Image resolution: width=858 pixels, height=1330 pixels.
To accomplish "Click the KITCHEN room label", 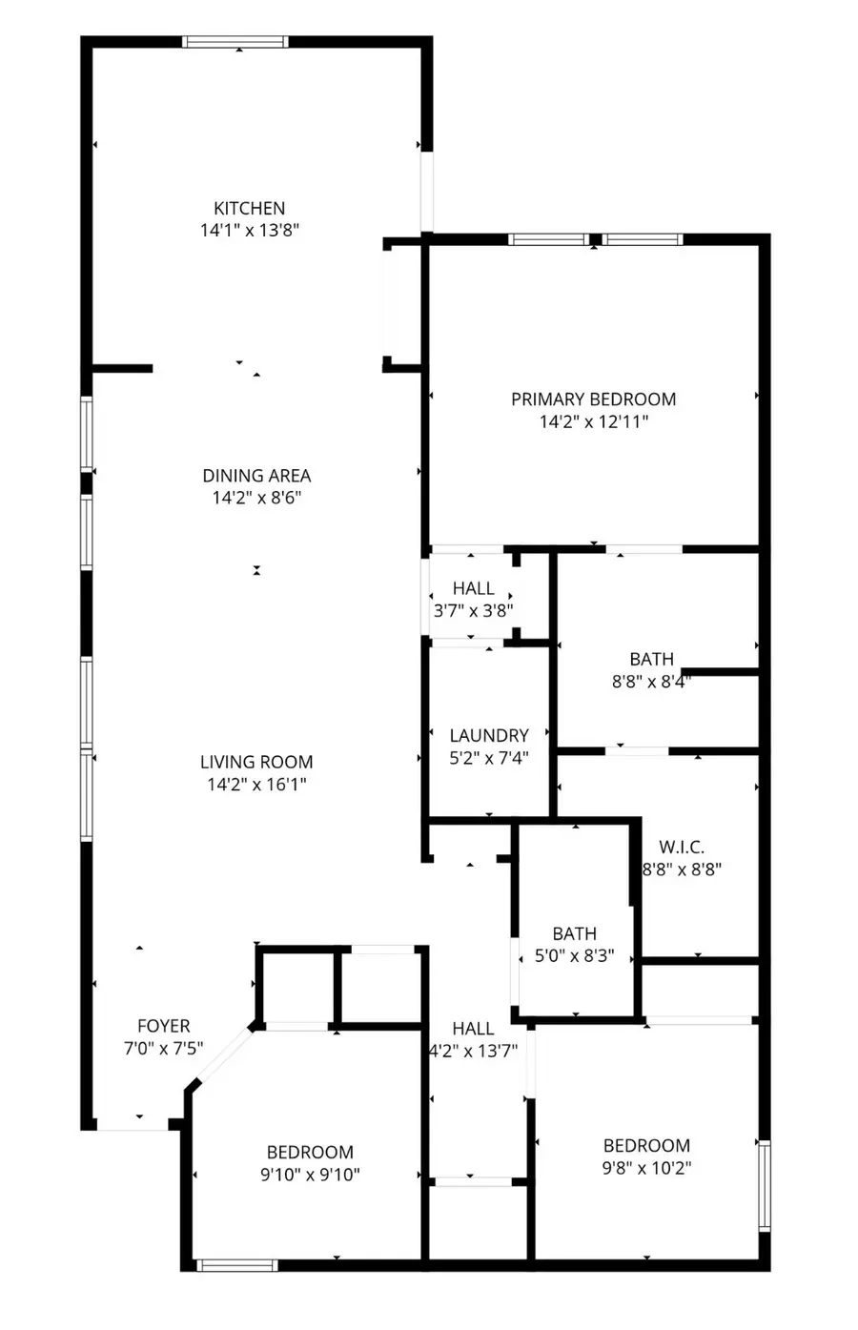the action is (250, 209).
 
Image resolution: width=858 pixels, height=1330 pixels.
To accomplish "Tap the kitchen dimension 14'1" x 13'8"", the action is (250, 231).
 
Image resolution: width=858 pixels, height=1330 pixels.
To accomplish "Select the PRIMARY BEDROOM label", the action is (593, 399).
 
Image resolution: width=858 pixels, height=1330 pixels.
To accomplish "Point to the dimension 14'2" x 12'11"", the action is (593, 421).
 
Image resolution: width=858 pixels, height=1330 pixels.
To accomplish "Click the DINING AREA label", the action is (256, 476).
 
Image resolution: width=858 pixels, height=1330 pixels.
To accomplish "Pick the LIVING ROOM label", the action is (256, 762).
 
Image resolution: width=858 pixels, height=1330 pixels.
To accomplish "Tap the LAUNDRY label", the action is (489, 736).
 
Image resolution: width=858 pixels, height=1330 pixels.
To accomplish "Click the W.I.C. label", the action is (682, 847).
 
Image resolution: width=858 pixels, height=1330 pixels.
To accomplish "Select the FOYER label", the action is (164, 1026).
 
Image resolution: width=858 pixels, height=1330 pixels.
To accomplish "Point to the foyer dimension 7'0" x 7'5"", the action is (163, 1049).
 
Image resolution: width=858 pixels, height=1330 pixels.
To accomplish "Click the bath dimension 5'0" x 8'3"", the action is (574, 956).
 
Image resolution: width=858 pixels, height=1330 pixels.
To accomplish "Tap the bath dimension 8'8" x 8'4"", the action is (651, 682).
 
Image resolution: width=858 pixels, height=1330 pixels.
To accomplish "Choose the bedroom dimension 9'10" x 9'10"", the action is (310, 1175).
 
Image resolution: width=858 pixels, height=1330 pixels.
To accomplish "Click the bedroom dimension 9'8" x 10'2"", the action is (646, 1168).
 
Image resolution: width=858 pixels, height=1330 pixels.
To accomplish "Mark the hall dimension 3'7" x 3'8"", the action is (473, 610).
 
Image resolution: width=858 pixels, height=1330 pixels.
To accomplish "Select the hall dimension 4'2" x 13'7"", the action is (473, 1051).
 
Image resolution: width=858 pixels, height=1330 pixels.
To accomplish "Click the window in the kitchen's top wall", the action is (235, 42).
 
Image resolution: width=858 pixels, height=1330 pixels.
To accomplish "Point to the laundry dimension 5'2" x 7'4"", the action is (489, 758).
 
